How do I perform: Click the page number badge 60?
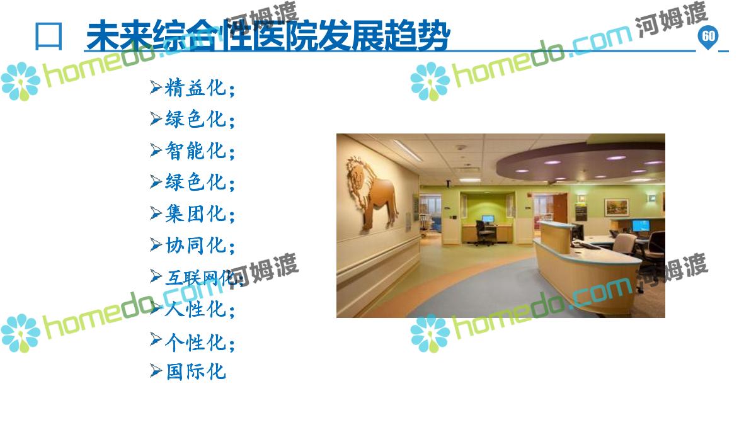point(708,37)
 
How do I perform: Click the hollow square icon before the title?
point(49,37)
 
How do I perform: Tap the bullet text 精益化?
point(195,88)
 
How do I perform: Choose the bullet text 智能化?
point(195,150)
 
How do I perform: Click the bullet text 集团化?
point(195,213)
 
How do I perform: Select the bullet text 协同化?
point(195,245)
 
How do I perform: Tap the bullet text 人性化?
point(195,309)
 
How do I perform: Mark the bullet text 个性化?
point(195,343)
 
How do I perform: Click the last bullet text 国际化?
point(196,371)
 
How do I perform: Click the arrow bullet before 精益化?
point(156,88)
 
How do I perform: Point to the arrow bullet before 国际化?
point(156,371)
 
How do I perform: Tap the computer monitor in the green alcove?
point(488,219)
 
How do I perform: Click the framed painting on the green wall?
point(617,207)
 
